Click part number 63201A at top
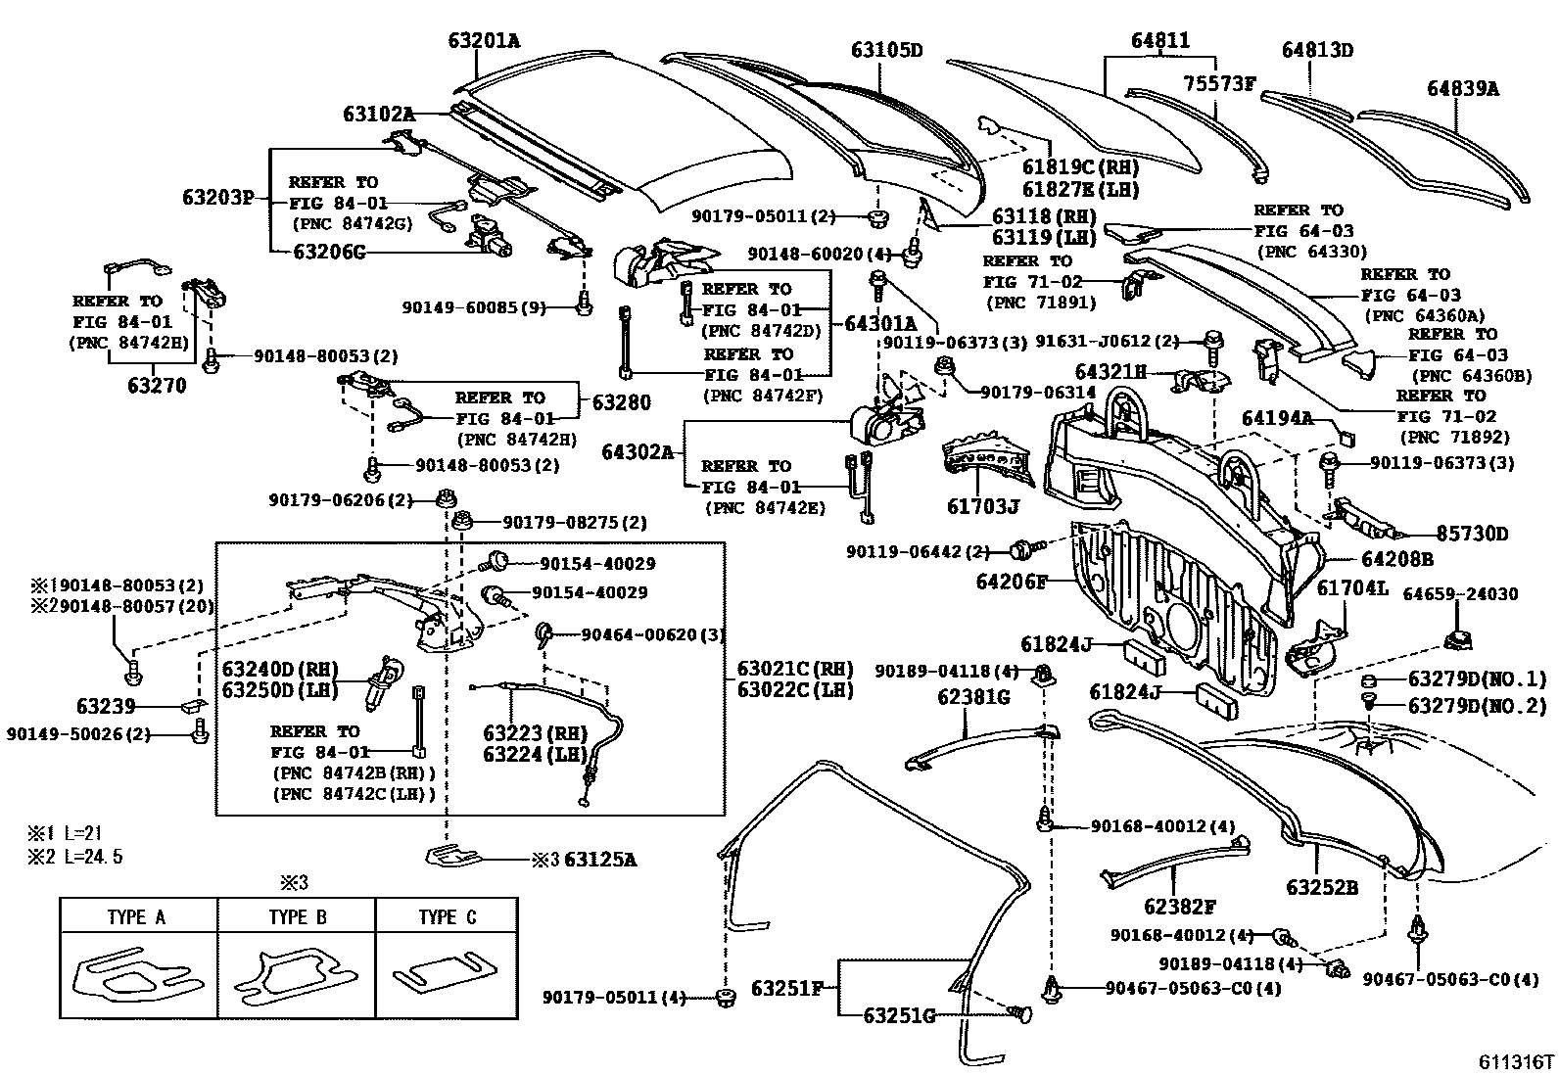(x=484, y=40)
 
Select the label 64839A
(x=1462, y=89)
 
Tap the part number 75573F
(x=1218, y=83)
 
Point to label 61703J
(x=983, y=506)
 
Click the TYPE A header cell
(x=136, y=917)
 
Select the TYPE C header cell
(x=447, y=917)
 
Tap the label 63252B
(x=1322, y=887)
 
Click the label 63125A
(x=600, y=860)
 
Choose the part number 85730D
(x=1472, y=534)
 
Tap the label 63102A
(x=378, y=115)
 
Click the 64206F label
(x=1012, y=582)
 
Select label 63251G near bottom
(x=899, y=1015)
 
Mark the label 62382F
(x=1180, y=908)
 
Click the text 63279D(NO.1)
(x=1477, y=678)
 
